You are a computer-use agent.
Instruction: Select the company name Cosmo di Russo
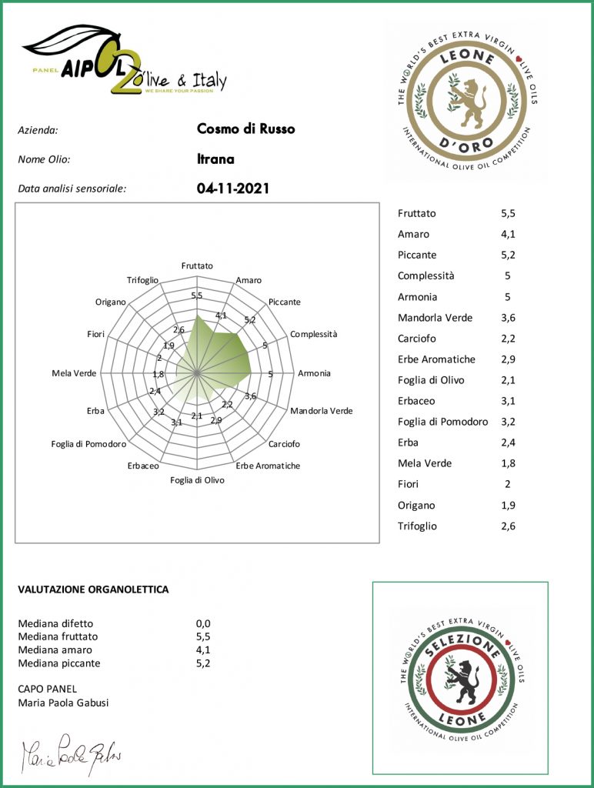click(x=245, y=129)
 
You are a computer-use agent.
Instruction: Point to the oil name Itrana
click(x=215, y=160)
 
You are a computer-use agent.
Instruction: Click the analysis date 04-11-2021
click(x=233, y=188)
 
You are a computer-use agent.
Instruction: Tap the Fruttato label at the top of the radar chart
click(x=197, y=265)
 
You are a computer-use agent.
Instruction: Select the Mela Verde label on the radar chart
click(x=74, y=373)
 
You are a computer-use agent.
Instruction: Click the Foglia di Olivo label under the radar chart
click(x=197, y=480)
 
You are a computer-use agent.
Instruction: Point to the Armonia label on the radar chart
click(x=314, y=373)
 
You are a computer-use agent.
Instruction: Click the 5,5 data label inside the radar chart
click(x=196, y=296)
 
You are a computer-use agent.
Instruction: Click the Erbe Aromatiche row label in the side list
click(x=436, y=359)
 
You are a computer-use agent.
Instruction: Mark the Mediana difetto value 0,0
click(x=203, y=623)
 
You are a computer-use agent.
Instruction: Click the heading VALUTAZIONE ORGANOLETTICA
click(x=93, y=589)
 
